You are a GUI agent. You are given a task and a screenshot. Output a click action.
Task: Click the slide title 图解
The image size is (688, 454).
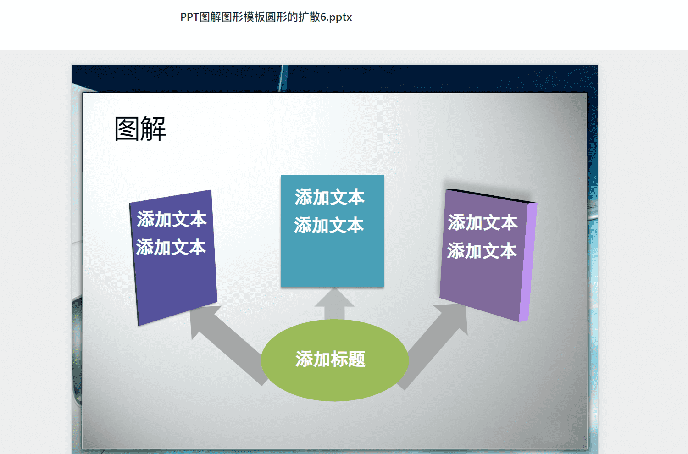[x=140, y=129]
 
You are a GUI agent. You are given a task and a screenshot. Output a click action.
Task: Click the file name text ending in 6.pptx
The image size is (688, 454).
[x=266, y=17]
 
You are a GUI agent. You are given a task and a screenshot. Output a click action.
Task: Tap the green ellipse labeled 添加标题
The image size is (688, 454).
[x=334, y=360]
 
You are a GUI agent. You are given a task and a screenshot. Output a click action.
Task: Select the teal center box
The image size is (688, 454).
[x=332, y=231]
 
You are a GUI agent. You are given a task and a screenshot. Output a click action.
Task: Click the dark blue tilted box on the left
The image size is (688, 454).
[x=173, y=257]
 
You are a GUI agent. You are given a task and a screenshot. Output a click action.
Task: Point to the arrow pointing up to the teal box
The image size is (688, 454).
[x=334, y=304]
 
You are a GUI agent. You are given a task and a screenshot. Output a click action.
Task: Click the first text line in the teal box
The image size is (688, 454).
[x=330, y=197]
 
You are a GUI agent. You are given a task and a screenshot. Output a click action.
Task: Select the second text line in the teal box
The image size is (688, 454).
[x=329, y=225]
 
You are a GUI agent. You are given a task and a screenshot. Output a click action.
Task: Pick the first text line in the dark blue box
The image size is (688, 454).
[x=172, y=219]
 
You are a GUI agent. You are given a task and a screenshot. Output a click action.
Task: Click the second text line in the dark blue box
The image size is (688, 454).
[x=171, y=247]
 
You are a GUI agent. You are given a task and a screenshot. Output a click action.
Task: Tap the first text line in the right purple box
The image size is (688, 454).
[x=483, y=222]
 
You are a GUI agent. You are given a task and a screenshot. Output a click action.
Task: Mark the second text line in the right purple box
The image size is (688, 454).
[x=482, y=251]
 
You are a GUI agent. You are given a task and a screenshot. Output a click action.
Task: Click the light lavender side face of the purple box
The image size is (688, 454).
[x=528, y=262]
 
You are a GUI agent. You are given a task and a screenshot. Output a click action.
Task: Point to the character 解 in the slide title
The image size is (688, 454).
[x=154, y=129]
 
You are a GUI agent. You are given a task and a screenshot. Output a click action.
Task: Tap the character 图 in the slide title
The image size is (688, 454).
[x=127, y=129]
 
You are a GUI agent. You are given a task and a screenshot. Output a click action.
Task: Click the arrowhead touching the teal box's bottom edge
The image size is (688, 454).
[x=334, y=297]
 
